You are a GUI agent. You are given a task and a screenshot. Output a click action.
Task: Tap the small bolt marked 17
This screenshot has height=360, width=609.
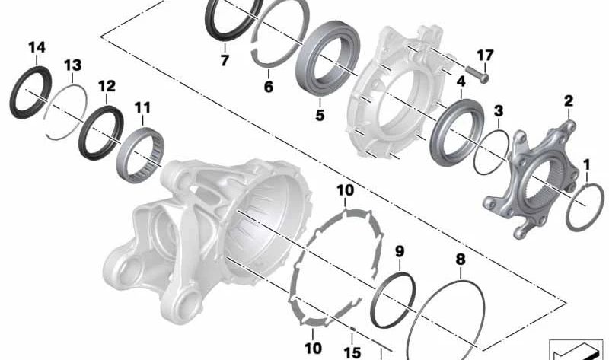click(477, 74)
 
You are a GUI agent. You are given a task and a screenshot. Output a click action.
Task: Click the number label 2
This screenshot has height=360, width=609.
click(568, 100)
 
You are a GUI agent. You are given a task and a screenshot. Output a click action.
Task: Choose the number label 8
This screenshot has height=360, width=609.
click(460, 260)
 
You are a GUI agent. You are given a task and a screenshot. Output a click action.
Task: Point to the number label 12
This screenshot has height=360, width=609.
click(107, 86)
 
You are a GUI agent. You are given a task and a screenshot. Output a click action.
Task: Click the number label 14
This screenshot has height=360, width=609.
click(37, 47)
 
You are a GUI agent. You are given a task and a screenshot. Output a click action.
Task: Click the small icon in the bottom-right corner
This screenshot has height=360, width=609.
click(576, 348)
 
